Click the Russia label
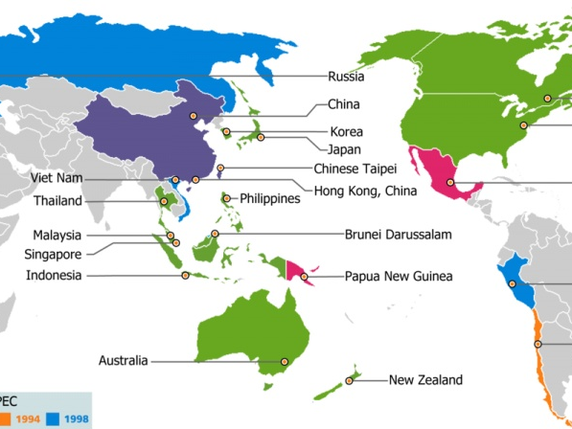(345, 76)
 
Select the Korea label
(346, 131)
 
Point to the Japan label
(343, 148)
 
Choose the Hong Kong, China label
(360, 191)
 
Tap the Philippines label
(270, 198)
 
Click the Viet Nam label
(57, 178)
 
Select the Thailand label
(58, 201)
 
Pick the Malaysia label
(57, 235)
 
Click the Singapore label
(53, 254)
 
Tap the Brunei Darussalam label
(398, 233)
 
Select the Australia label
(124, 361)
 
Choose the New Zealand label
(425, 380)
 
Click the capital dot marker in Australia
(284, 361)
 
